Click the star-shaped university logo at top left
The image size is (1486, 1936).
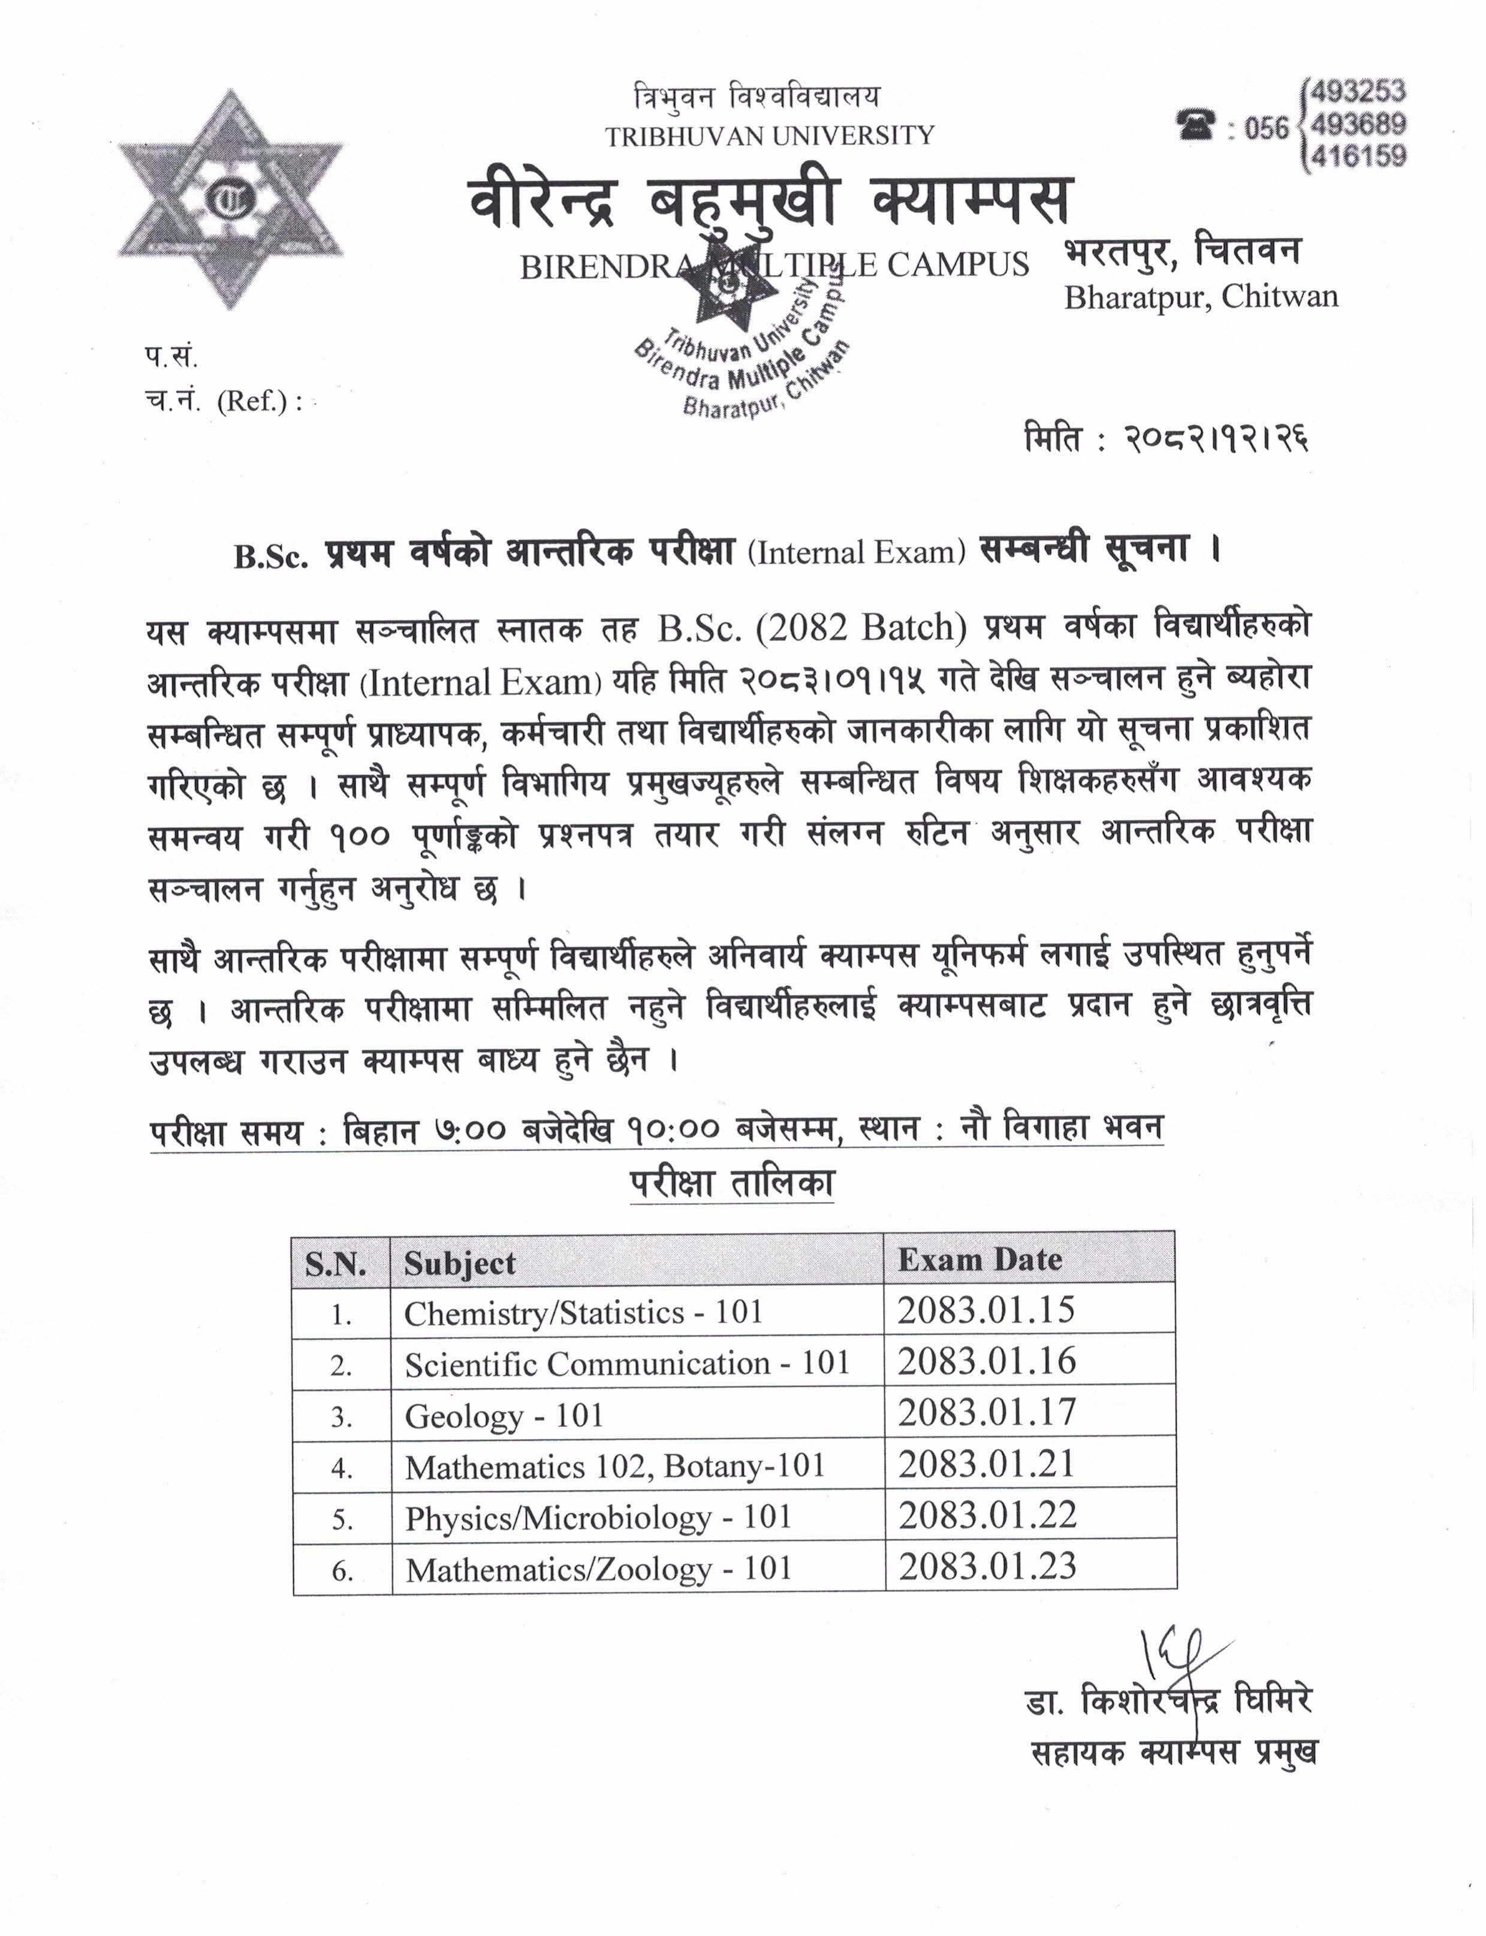tap(230, 200)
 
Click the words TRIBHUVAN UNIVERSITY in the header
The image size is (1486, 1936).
tap(770, 136)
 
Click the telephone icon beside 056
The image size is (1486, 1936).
tap(1196, 125)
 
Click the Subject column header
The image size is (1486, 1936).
tap(459, 1263)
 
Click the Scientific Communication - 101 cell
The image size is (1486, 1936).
tap(626, 1363)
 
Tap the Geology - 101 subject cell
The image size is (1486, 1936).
tap(504, 1416)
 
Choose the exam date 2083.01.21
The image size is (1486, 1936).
tap(986, 1464)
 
